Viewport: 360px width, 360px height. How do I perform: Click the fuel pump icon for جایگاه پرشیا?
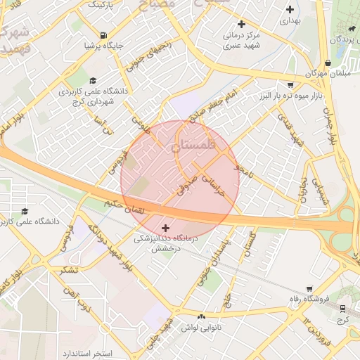click(x=103, y=35)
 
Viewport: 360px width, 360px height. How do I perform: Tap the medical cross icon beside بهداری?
click(x=289, y=10)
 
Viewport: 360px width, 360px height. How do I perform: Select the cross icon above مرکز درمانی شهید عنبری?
click(x=241, y=24)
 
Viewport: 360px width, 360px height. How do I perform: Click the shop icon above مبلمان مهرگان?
click(x=328, y=63)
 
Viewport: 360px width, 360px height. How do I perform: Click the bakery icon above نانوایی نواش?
click(x=202, y=317)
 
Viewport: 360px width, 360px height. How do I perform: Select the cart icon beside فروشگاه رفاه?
click(x=309, y=288)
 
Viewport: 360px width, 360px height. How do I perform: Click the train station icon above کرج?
click(x=343, y=308)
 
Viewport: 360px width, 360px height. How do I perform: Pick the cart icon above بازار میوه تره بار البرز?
click(x=290, y=84)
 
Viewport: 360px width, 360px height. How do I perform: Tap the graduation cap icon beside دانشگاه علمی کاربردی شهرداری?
click(x=92, y=81)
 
